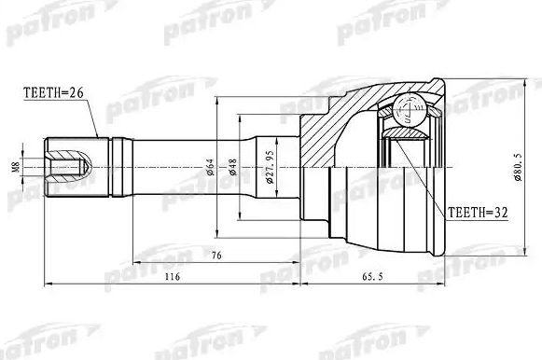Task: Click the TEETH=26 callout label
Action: (x=52, y=92)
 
